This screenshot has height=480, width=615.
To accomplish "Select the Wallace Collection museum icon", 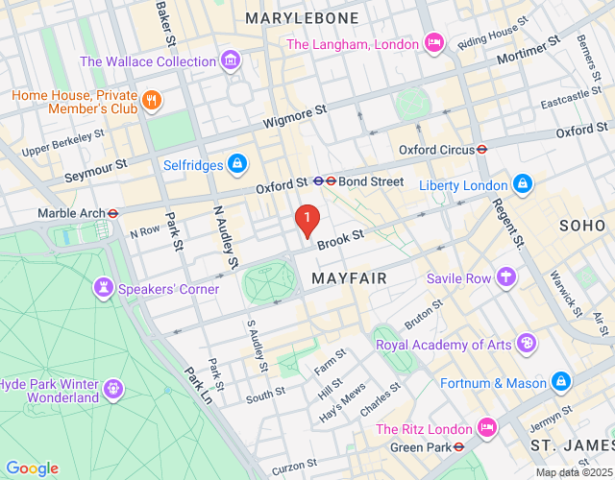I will pyautogui.click(x=230, y=62).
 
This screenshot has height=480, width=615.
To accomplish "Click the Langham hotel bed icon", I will pyautogui.click(x=433, y=44).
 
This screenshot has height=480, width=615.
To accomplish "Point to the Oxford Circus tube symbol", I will pyautogui.click(x=482, y=150).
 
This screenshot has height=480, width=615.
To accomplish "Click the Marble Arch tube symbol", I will pyautogui.click(x=112, y=213).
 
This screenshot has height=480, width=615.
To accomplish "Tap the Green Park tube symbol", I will pyautogui.click(x=459, y=446).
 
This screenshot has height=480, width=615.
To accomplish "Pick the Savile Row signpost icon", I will pyautogui.click(x=505, y=278).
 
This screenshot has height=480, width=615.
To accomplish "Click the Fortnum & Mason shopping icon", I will pyautogui.click(x=561, y=383).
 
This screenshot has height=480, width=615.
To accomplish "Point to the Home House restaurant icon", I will pyautogui.click(x=150, y=101).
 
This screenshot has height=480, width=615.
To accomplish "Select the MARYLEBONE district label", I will pyautogui.click(x=302, y=18).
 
